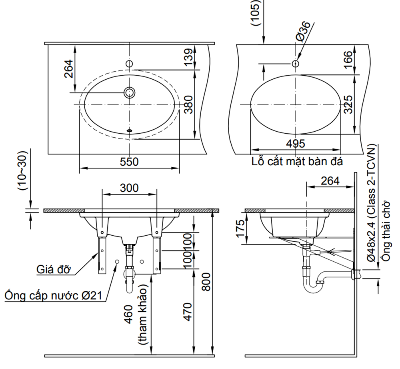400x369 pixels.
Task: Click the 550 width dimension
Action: click(129, 162)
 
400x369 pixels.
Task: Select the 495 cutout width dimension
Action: click(296, 144)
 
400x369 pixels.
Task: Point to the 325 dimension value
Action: click(348, 104)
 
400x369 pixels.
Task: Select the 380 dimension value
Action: click(188, 104)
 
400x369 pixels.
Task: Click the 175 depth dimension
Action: click(240, 229)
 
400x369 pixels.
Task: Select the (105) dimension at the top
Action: click(256, 13)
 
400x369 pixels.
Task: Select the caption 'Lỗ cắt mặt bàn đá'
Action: click(297, 162)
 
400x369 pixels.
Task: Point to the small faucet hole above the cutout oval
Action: click(296, 64)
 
